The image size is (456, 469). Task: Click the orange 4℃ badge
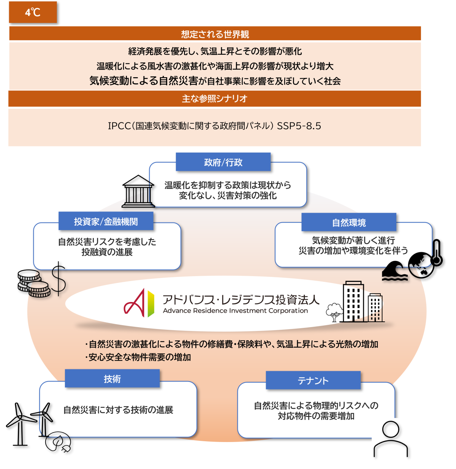33,12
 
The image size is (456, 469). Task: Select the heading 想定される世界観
215,34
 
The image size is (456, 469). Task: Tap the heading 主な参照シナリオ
215,99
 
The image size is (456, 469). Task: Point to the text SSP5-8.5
299,126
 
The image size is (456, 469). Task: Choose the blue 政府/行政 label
223,162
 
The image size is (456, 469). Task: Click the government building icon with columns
138,191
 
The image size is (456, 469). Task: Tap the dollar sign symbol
59,278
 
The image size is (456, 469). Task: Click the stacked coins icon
34,283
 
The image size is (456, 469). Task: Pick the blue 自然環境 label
349,222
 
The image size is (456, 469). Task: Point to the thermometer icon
437,253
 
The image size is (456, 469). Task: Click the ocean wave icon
394,271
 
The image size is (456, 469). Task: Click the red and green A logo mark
139,303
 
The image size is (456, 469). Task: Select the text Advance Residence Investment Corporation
235,310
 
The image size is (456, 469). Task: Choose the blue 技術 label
112,378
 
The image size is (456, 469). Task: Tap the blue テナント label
313,380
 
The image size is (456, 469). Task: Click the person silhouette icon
391,439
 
